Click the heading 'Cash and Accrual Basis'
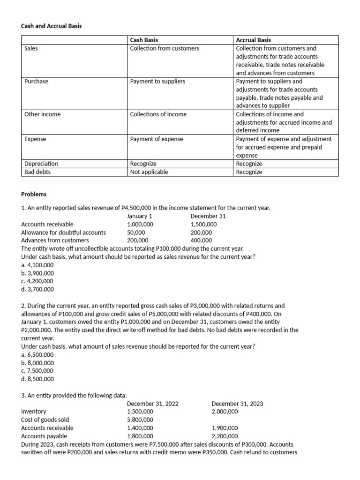click(52, 26)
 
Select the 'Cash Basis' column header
click(144, 40)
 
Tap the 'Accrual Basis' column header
click(253, 40)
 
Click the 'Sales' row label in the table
click(31, 48)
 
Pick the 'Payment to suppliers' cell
click(157, 81)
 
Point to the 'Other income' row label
click(42, 114)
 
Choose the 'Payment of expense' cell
click(157, 139)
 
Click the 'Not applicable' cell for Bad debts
click(149, 172)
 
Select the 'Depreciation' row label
click(41, 164)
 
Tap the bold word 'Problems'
click(34, 194)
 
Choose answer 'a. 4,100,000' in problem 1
click(37, 265)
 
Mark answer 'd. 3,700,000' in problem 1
click(37, 289)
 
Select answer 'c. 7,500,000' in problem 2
click(37, 371)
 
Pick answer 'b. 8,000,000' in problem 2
click(37, 363)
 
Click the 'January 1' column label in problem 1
click(140, 216)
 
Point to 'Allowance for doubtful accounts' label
click(63, 232)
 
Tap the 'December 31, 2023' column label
click(237, 404)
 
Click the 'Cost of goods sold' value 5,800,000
click(140, 420)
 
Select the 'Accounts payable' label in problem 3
click(44, 436)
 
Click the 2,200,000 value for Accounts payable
click(225, 436)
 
